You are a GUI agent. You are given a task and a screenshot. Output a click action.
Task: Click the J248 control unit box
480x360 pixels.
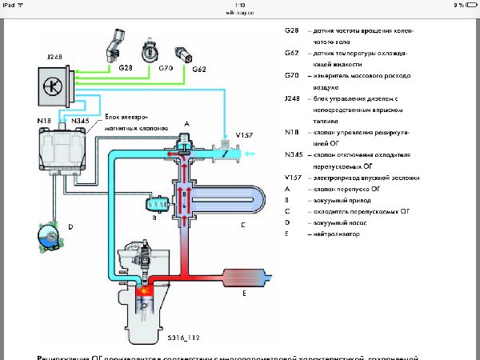click(x=53, y=86)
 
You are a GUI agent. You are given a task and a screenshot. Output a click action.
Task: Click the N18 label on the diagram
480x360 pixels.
click(x=47, y=121)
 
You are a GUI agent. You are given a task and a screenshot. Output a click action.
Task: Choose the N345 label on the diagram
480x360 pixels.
click(x=80, y=121)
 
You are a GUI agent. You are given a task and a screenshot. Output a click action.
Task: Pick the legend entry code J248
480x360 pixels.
click(x=294, y=97)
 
